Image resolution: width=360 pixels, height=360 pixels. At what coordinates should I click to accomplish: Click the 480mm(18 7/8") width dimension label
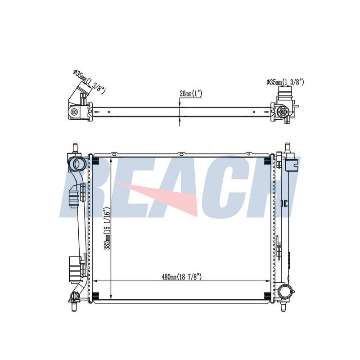pos(182,277)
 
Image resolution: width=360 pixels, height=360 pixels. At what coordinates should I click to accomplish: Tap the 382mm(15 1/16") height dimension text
pos(108,229)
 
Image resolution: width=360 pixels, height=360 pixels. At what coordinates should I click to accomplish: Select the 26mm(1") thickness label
pos(190,94)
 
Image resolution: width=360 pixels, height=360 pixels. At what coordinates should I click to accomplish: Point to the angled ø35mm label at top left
pos(89,82)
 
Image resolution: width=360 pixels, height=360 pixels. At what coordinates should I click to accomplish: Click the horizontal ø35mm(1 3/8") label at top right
pos(285,82)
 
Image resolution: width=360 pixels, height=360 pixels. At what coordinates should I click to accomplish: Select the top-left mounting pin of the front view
pos(75,148)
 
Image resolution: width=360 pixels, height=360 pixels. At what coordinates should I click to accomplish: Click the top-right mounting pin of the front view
pos(287,148)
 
